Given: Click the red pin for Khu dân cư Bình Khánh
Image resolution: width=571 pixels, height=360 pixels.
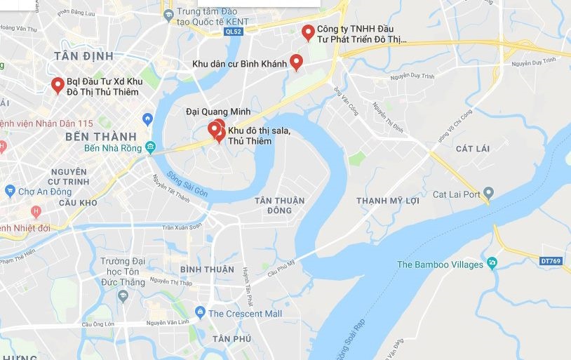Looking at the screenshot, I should pos(296,62).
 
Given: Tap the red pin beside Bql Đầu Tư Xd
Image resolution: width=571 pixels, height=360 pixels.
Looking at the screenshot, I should pos(58,86).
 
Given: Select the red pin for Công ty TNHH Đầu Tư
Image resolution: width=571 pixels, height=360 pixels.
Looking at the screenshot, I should pos(307,32).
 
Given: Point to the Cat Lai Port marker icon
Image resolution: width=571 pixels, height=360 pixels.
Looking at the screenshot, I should pos(489,193).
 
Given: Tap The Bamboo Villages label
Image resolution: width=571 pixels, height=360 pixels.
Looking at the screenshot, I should pos(440,265).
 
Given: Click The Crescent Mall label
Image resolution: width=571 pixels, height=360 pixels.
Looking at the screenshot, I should pos(245,314).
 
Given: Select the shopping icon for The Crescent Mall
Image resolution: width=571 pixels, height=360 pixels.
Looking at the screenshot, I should pos(201,312).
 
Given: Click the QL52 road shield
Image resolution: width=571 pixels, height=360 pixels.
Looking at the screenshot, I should pos(234,32).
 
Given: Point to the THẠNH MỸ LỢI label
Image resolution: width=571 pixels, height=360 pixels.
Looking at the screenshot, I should pos(388,201).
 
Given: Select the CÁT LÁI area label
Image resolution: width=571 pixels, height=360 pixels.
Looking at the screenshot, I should pos(471,148).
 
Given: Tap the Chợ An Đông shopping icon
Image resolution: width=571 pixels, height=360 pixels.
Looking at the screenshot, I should pos(9,191).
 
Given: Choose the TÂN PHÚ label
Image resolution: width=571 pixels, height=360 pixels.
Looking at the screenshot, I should pos(213,339).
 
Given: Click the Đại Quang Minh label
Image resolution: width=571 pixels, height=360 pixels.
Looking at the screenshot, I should pos(218,111).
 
